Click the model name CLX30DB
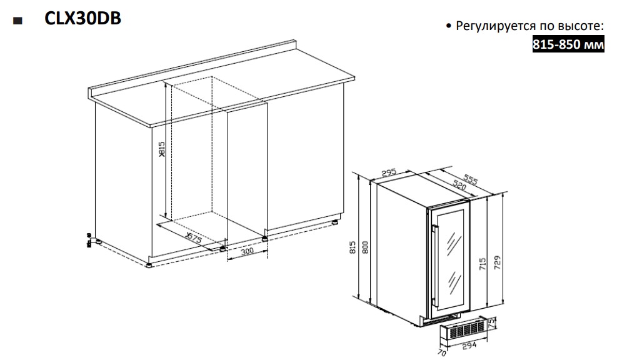82,19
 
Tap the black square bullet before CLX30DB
17,21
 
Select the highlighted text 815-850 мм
568,45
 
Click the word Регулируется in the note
489,27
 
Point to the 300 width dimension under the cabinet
246,250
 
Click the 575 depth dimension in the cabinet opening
194,239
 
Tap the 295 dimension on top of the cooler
390,172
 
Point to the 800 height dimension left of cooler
366,248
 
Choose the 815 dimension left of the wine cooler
354,248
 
